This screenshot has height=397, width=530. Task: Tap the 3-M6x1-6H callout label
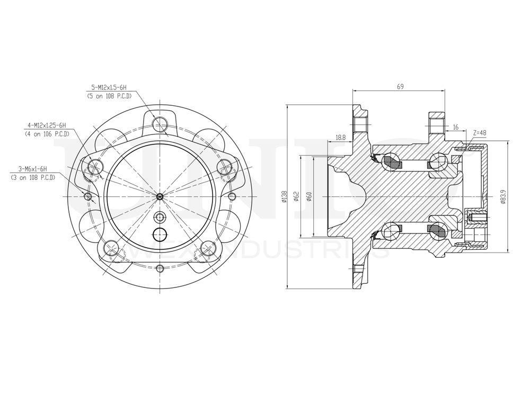click(x=33, y=169)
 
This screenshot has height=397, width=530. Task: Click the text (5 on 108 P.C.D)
click(x=109, y=96)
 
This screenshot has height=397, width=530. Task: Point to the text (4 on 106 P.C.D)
click(x=48, y=134)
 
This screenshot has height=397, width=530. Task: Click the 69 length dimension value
click(x=400, y=86)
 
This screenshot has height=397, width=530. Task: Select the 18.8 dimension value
click(x=341, y=137)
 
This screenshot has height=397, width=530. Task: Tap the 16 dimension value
click(x=455, y=127)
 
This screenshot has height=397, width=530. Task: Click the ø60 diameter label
click(x=309, y=196)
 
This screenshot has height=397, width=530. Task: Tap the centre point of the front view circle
click(x=160, y=196)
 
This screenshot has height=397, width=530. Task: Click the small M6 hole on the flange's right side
click(x=232, y=196)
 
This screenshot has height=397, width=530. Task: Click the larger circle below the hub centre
click(x=160, y=233)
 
